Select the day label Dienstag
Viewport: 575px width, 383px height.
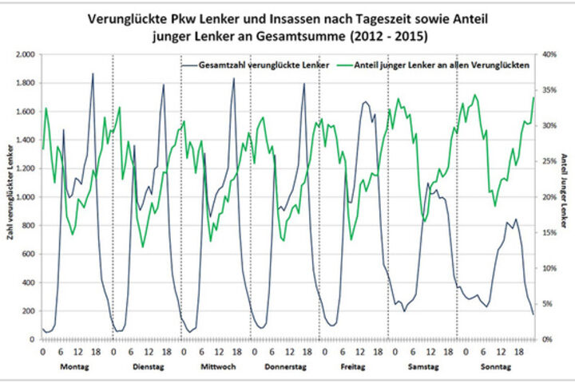[x=147, y=366]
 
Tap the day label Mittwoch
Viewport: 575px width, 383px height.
[x=216, y=366]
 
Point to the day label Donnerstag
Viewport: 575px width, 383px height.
[x=286, y=366]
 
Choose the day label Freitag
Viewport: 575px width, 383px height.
[x=354, y=366]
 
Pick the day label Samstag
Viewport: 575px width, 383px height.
[x=422, y=366]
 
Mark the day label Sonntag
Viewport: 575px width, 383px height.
[x=492, y=366]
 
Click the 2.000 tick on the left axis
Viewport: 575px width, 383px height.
[x=26, y=54]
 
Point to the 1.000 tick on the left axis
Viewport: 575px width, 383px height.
[x=26, y=197]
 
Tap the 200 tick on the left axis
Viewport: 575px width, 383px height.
[x=30, y=311]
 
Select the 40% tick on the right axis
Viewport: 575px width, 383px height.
[x=546, y=54]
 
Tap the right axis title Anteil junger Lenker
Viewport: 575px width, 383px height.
[x=565, y=195]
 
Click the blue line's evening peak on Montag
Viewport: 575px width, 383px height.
[x=93, y=74]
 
